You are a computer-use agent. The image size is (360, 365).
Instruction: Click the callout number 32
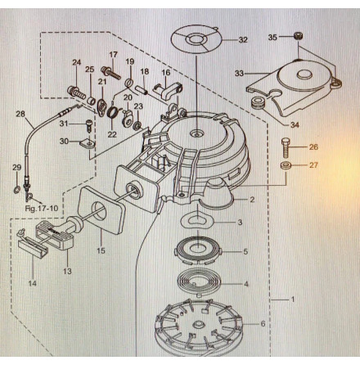pyautogui.click(x=243, y=39)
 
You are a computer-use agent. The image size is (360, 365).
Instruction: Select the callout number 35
pyautogui.click(x=272, y=37)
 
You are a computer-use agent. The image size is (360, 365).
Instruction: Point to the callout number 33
pyautogui.click(x=239, y=74)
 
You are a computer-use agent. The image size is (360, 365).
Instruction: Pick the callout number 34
pyautogui.click(x=295, y=125)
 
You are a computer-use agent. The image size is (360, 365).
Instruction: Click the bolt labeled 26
pyautogui.click(x=286, y=147)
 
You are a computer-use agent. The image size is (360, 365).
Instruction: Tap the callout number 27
pyautogui.click(x=313, y=164)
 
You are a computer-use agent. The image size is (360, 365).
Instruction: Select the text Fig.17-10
pyautogui.click(x=40, y=208)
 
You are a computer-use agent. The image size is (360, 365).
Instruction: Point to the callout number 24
pyautogui.click(x=76, y=62)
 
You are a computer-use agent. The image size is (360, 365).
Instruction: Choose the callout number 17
pyautogui.click(x=113, y=55)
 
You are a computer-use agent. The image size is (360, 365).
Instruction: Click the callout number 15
pyautogui.click(x=101, y=251)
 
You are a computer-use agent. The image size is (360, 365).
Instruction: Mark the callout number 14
pyautogui.click(x=32, y=283)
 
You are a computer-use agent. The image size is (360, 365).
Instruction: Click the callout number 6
pyautogui.click(x=262, y=324)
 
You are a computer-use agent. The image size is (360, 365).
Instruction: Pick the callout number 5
pyautogui.click(x=245, y=251)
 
